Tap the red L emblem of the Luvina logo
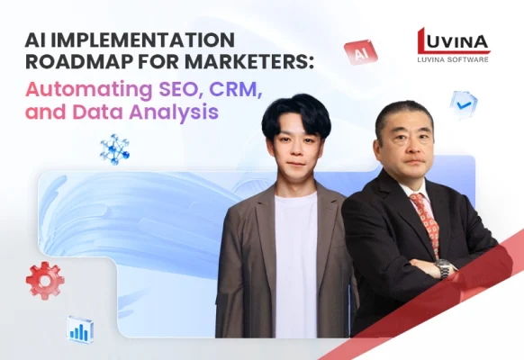tap(428, 40)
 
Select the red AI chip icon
tap(360, 53)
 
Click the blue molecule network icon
tap(114, 148)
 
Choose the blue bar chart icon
tap(80, 328)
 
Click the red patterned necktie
tap(425, 220)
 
